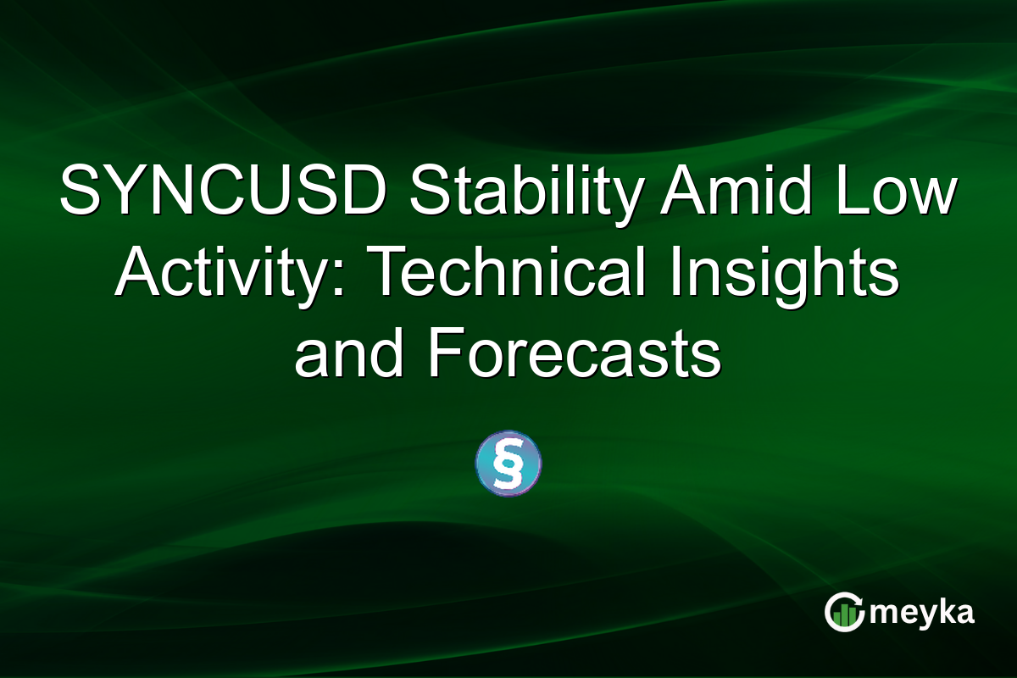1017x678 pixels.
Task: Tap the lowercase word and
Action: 351,356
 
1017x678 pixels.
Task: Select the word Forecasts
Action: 575,356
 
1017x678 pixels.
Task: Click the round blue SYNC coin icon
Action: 508,464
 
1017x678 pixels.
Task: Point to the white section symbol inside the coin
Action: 508,464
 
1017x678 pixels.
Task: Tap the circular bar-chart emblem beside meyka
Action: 845,612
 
